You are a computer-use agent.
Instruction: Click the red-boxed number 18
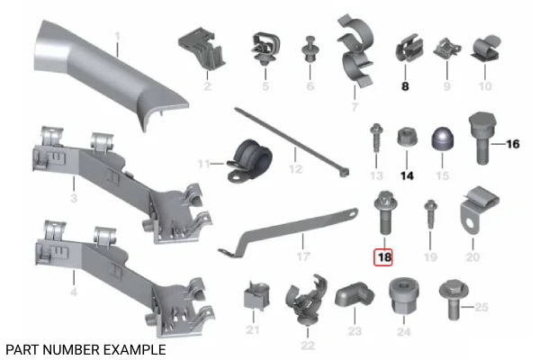(x=384, y=257)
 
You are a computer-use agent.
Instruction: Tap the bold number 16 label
(x=513, y=144)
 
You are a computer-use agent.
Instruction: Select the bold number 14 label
(x=407, y=176)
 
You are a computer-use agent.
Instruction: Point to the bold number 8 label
(x=405, y=86)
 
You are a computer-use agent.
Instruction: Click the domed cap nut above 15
(x=443, y=139)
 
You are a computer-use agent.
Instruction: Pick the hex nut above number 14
(x=407, y=137)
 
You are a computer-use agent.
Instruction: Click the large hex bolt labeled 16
(x=482, y=137)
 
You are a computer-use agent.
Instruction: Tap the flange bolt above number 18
(x=384, y=212)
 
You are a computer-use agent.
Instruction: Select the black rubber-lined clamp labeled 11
(x=249, y=160)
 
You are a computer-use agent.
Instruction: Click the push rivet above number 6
(x=310, y=49)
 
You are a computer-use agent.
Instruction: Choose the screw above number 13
(x=375, y=138)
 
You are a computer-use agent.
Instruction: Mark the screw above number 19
(x=430, y=214)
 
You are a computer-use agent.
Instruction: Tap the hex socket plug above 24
(x=404, y=295)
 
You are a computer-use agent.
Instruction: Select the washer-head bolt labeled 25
(x=454, y=299)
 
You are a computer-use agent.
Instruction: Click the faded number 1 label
(x=117, y=36)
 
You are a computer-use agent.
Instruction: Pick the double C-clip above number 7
(x=356, y=50)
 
